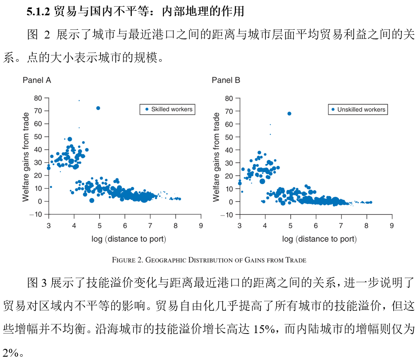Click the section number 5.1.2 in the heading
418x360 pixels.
38,12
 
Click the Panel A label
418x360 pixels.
37,80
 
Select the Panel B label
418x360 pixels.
226,80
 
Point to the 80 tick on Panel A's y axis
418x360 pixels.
38,98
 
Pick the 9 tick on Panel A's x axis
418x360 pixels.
201,226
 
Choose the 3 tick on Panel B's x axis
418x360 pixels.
240,226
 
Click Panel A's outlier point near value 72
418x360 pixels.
98,108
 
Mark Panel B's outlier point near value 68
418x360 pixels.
289,113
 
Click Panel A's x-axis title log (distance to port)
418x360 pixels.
129,239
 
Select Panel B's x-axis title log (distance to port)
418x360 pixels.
319,239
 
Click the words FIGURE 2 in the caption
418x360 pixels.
127,260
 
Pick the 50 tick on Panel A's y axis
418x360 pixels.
38,137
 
